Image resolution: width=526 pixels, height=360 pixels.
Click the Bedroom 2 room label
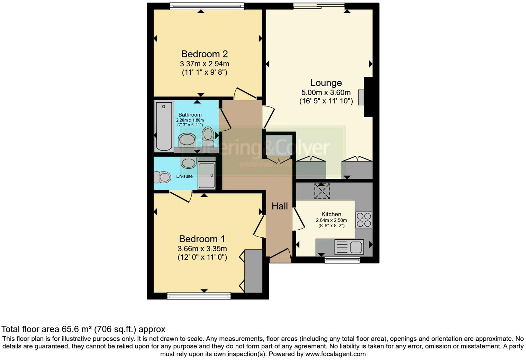pyautogui.click(x=204, y=54)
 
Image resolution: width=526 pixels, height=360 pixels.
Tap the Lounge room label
pyautogui.click(x=326, y=83)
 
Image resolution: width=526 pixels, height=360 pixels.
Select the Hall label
pyautogui.click(x=280, y=206)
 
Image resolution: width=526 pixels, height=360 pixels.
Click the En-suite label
pyautogui.click(x=184, y=176)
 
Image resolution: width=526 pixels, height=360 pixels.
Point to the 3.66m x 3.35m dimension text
pyautogui.click(x=202, y=249)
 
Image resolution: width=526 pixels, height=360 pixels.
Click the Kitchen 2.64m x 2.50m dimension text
pyautogui.click(x=331, y=220)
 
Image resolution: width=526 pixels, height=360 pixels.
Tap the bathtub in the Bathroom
pyautogui.click(x=164, y=126)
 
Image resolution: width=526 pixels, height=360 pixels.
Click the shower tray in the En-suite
pyautogui.click(x=207, y=175)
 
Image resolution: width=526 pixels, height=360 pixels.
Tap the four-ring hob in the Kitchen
pyautogui.click(x=364, y=220)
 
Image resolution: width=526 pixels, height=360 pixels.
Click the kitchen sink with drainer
pyautogui.click(x=349, y=247)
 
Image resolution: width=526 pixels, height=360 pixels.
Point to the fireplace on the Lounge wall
pyautogui.click(x=362, y=97)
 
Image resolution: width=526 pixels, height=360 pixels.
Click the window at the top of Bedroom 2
pyautogui.click(x=207, y=6)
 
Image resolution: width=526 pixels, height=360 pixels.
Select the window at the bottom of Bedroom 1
pyautogui.click(x=199, y=296)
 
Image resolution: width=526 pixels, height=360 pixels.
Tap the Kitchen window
pyautogui.click(x=342, y=260)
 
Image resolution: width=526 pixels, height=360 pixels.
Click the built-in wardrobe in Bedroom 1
pyautogui.click(x=253, y=271)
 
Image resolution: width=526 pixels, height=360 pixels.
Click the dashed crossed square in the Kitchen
pyautogui.click(x=322, y=191)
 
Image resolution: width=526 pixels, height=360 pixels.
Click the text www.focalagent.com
pyautogui.click(x=335, y=354)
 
